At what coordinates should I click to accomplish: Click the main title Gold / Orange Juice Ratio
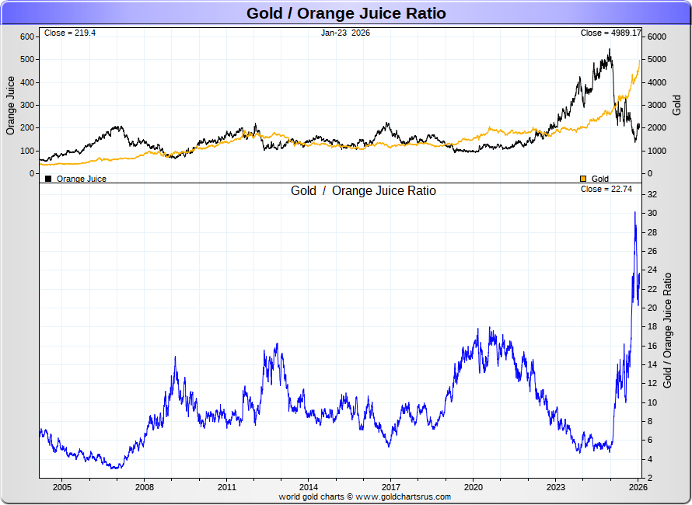[x=346, y=13]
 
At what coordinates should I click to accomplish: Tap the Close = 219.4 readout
[x=70, y=33]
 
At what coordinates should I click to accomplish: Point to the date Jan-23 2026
[x=345, y=33]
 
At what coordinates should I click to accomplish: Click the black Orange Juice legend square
[x=48, y=179]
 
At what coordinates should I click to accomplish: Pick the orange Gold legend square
[x=583, y=179]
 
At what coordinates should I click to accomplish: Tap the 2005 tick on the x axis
[x=61, y=487]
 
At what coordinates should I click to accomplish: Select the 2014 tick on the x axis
[x=309, y=487]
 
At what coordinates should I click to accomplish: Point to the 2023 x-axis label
[x=556, y=487]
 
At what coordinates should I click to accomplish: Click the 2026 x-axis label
[x=638, y=487]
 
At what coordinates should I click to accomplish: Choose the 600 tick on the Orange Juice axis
[x=27, y=37]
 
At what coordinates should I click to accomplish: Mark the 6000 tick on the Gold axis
[x=658, y=37]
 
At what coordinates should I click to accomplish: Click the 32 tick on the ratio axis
[x=652, y=194]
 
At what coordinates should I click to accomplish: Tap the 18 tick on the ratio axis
[x=652, y=327]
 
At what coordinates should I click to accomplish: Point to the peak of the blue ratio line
[x=634, y=212]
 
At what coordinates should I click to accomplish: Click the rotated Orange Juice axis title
[x=11, y=105]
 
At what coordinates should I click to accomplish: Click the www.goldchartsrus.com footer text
[x=404, y=496]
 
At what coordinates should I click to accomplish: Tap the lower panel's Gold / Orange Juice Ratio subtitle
[x=363, y=190]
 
